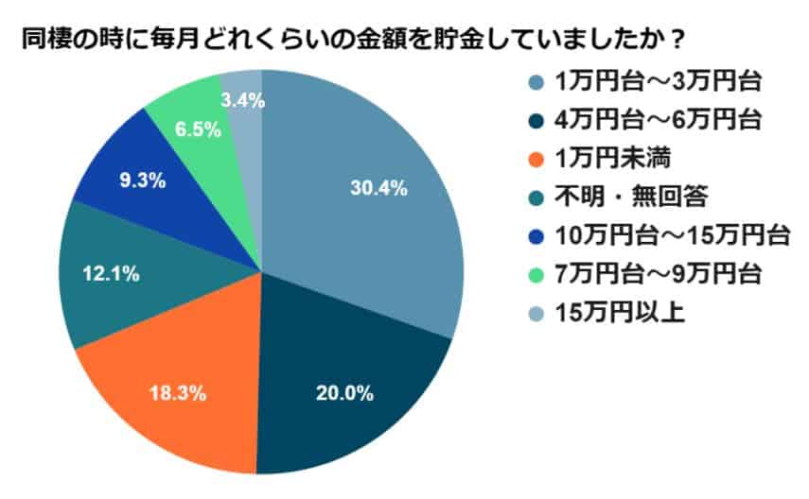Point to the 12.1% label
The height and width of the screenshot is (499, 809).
click(x=113, y=274)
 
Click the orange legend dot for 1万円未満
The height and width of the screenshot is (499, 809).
click(x=535, y=159)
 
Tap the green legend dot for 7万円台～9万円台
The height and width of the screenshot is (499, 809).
click(x=535, y=273)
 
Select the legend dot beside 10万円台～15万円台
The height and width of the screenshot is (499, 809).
click(x=535, y=235)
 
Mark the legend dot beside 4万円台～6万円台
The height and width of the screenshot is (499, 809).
click(x=535, y=121)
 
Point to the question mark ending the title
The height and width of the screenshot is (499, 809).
click(x=677, y=43)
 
